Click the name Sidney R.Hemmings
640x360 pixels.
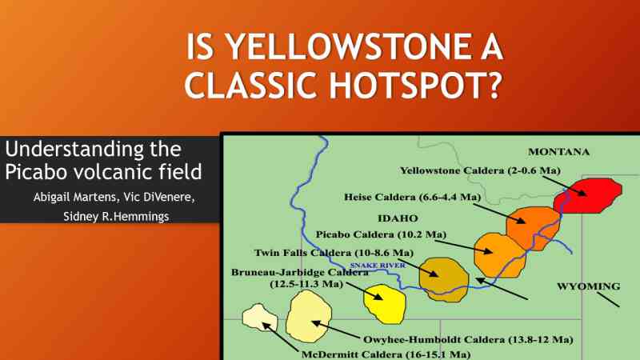tap(116, 216)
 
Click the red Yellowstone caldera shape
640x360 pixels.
tap(588, 195)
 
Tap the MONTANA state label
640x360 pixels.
tap(558, 152)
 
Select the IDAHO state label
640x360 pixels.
tap(398, 218)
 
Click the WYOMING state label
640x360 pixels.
tap(589, 286)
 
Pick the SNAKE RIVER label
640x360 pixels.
tap(378, 266)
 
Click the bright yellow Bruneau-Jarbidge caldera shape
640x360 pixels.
tap(384, 304)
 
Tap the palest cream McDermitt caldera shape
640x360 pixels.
tap(259, 318)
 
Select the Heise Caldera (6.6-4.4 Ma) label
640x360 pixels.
tap(412, 197)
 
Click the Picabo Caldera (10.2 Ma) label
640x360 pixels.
tap(381, 234)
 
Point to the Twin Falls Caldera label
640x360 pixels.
tap(334, 253)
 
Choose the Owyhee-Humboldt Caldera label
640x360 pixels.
tap(468, 339)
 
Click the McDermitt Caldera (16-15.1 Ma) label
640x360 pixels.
tap(386, 354)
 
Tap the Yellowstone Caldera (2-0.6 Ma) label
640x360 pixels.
tap(481, 170)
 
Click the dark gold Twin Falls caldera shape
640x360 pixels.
tap(444, 279)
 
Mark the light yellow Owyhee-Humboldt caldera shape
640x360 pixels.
tap(309, 317)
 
